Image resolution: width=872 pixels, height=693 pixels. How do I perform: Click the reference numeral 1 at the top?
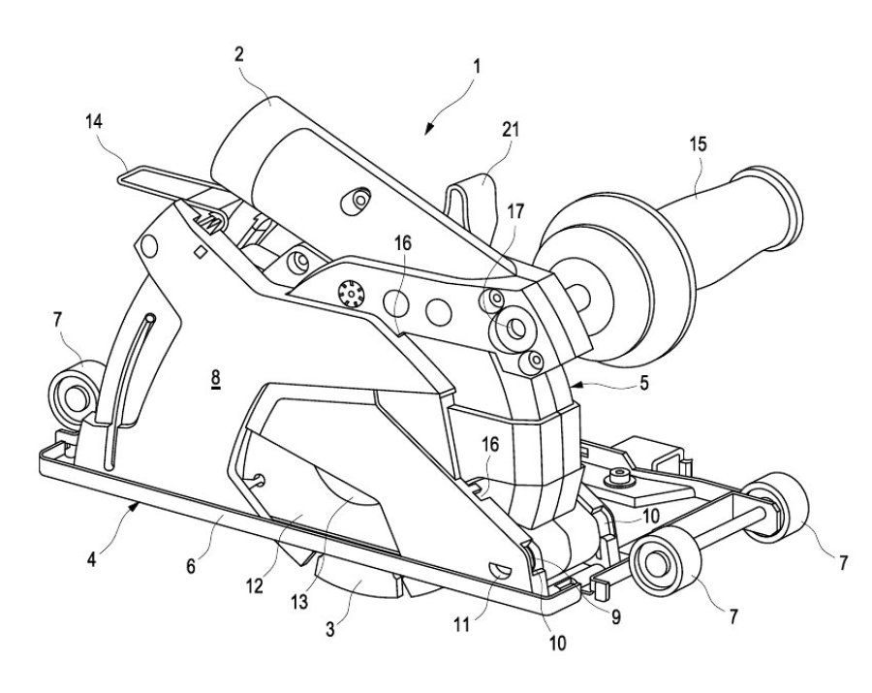click(478, 68)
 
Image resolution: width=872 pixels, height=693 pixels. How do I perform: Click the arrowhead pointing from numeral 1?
click(428, 123)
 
